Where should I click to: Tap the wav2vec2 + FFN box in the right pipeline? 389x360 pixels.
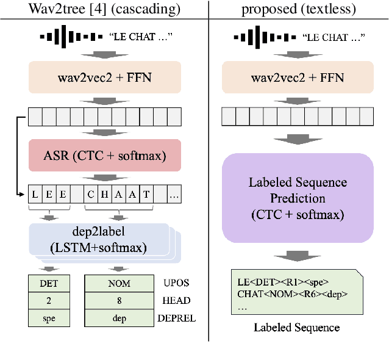coord(298,77)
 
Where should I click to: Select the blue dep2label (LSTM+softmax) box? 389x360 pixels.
coord(98,239)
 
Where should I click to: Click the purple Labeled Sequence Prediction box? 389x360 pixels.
coord(298,198)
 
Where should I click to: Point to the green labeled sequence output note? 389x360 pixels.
coord(296,292)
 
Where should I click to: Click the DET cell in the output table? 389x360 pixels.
coord(49,284)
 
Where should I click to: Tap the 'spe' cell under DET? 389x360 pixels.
coord(49,318)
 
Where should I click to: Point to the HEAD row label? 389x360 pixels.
coord(176,301)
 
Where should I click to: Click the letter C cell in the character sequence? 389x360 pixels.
coord(91,195)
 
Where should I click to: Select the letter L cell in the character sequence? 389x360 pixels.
coord(35,195)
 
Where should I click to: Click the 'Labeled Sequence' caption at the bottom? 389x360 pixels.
coord(297,328)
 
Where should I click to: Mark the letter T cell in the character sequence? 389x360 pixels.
coord(146,195)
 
